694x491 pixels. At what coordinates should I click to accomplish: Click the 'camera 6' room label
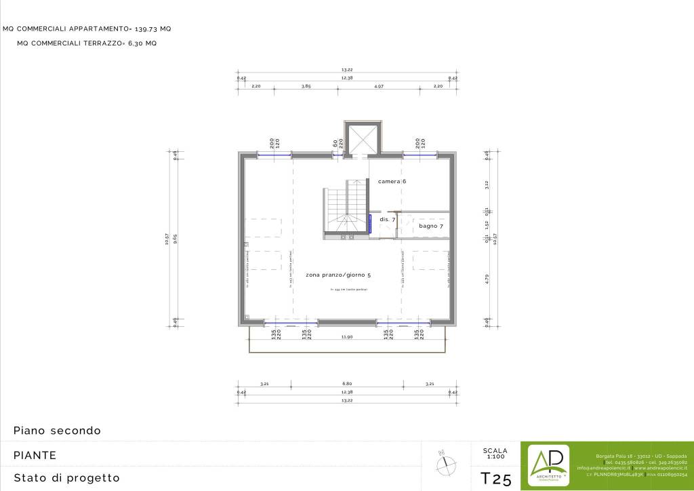point(392,182)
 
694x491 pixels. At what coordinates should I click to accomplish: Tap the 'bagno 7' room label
point(430,226)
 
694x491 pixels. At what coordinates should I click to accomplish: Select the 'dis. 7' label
point(387,220)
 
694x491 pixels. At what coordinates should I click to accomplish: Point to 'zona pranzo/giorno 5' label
point(338,275)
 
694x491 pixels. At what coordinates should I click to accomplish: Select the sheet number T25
point(495,479)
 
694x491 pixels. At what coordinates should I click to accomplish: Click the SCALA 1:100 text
point(495,454)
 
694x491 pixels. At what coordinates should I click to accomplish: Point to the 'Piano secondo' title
point(57,431)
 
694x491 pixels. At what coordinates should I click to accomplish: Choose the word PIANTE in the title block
point(35,455)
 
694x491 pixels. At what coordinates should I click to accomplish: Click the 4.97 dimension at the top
point(379,86)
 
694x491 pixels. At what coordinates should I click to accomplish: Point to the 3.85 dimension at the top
point(306,86)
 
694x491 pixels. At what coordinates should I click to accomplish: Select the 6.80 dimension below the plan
point(347,384)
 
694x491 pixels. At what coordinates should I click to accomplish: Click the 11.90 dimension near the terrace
point(347,336)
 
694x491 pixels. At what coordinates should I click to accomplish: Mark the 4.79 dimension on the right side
point(487,277)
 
